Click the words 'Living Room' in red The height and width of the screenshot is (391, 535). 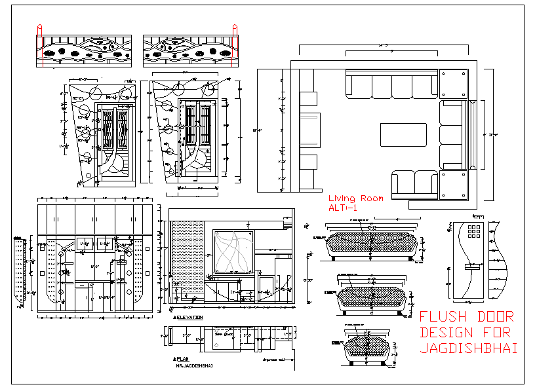click(x=355, y=198)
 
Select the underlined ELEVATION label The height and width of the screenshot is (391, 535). click(x=189, y=318)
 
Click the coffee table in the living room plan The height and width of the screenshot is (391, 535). click(x=403, y=135)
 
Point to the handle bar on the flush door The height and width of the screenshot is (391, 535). click(x=471, y=267)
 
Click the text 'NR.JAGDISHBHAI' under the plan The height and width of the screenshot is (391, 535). click(x=195, y=365)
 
